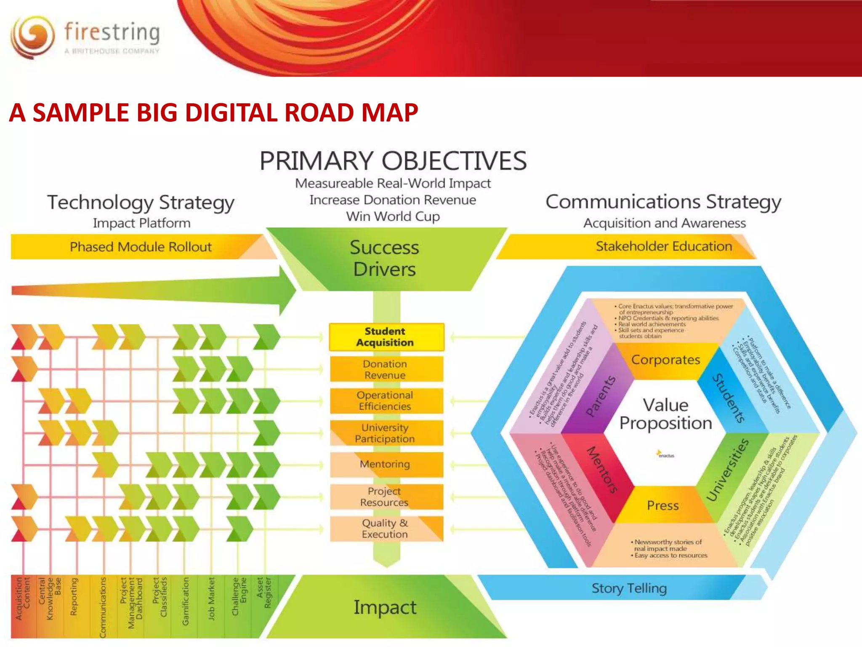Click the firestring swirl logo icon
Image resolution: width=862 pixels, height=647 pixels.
tap(32, 37)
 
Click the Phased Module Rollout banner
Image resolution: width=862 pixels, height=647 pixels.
tap(141, 247)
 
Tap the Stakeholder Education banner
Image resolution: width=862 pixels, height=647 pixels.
tap(663, 246)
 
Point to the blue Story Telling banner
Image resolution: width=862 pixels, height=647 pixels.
tap(629, 588)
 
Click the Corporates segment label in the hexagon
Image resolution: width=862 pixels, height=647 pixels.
tap(665, 360)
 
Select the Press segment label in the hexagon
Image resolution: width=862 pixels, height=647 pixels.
tap(662, 505)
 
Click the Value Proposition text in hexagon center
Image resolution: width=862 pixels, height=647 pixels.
tap(665, 414)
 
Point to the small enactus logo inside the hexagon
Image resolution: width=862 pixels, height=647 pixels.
tap(665, 455)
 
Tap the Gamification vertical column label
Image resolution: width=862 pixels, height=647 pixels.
tap(185, 601)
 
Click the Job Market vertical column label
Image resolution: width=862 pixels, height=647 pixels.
tap(211, 599)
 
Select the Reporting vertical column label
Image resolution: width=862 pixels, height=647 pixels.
tap(74, 597)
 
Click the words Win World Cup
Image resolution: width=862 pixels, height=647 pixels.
tap(393, 217)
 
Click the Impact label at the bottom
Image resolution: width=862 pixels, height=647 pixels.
tap(385, 607)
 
